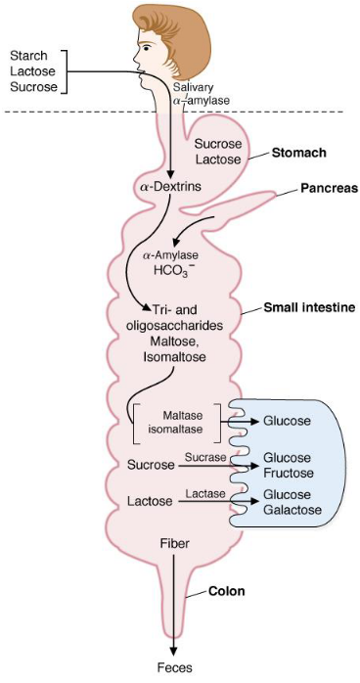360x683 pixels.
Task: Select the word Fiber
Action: (176, 541)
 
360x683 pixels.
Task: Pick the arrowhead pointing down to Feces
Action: (175, 654)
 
